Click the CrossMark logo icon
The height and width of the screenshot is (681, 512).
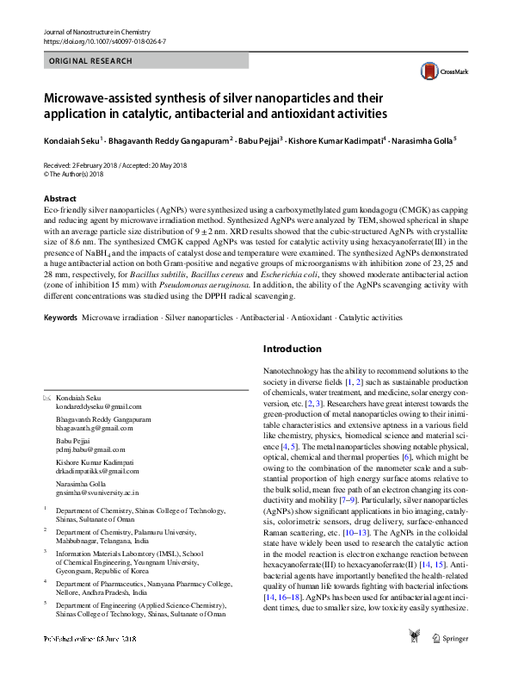click(x=428, y=72)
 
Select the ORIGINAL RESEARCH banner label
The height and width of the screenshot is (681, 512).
click(x=91, y=61)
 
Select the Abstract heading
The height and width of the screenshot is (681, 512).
click(x=60, y=198)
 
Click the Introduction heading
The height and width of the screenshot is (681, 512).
click(x=291, y=350)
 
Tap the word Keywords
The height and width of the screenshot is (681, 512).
click(x=60, y=318)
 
